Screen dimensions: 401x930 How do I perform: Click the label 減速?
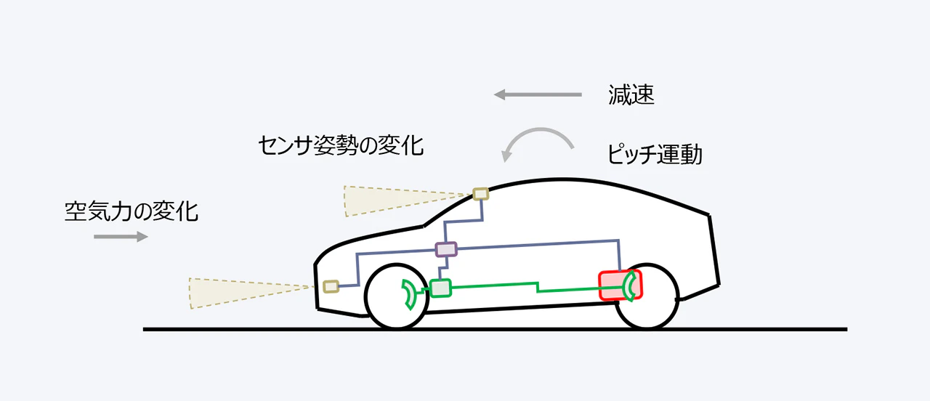point(631,95)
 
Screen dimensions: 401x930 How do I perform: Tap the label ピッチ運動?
point(655,154)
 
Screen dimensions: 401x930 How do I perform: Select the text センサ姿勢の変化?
point(340,145)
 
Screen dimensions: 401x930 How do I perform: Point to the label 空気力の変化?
point(131,211)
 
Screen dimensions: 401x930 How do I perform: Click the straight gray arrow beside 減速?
point(538,94)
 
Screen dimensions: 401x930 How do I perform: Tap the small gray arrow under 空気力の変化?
point(120,236)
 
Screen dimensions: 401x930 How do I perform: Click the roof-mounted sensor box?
point(480,193)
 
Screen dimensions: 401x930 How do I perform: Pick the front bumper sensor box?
point(331,285)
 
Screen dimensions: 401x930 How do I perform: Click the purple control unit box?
point(446,249)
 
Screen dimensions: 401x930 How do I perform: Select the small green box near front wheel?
point(440,288)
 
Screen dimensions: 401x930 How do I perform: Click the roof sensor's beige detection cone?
point(392,199)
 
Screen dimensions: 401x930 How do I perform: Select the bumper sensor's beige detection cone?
point(240,291)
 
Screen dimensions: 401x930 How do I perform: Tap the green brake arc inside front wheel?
point(410,294)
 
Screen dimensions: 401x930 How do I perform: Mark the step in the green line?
point(538,286)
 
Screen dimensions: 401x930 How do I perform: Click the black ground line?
point(494,329)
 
